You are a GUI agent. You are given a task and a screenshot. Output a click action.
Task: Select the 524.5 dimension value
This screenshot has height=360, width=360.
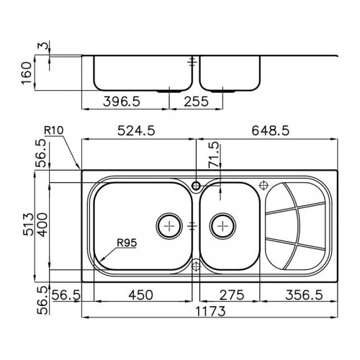[x=137, y=131]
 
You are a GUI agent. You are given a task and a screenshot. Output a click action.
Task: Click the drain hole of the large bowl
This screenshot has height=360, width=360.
[x=169, y=226]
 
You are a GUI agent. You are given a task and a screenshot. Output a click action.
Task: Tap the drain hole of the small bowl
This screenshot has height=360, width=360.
[x=222, y=226]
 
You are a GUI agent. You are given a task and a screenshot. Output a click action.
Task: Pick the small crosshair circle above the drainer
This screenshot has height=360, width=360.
[x=262, y=184]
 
